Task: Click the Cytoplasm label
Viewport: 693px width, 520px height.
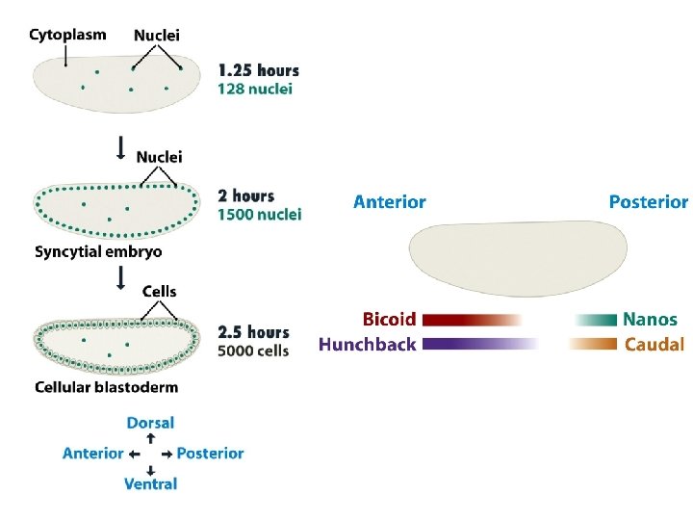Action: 67,35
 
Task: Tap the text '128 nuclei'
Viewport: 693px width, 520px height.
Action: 255,89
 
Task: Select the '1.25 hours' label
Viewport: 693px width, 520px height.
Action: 258,70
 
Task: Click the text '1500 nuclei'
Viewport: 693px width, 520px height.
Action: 259,214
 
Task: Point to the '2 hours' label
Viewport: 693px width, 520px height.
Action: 245,196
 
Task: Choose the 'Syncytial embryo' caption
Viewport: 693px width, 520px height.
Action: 98,252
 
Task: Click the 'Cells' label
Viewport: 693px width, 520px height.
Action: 159,291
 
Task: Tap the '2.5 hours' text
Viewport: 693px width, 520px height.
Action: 253,333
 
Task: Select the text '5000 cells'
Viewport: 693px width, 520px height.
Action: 253,351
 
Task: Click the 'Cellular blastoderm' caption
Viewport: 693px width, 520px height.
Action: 106,387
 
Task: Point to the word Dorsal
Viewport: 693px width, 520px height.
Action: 150,423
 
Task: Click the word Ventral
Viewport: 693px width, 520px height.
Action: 150,483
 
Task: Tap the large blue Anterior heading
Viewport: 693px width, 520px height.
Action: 389,202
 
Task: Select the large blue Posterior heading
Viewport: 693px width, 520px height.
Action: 648,202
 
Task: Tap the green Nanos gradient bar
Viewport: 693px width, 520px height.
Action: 596,320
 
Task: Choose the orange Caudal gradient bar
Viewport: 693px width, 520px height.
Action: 593,344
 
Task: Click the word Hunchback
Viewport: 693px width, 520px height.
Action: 367,344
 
